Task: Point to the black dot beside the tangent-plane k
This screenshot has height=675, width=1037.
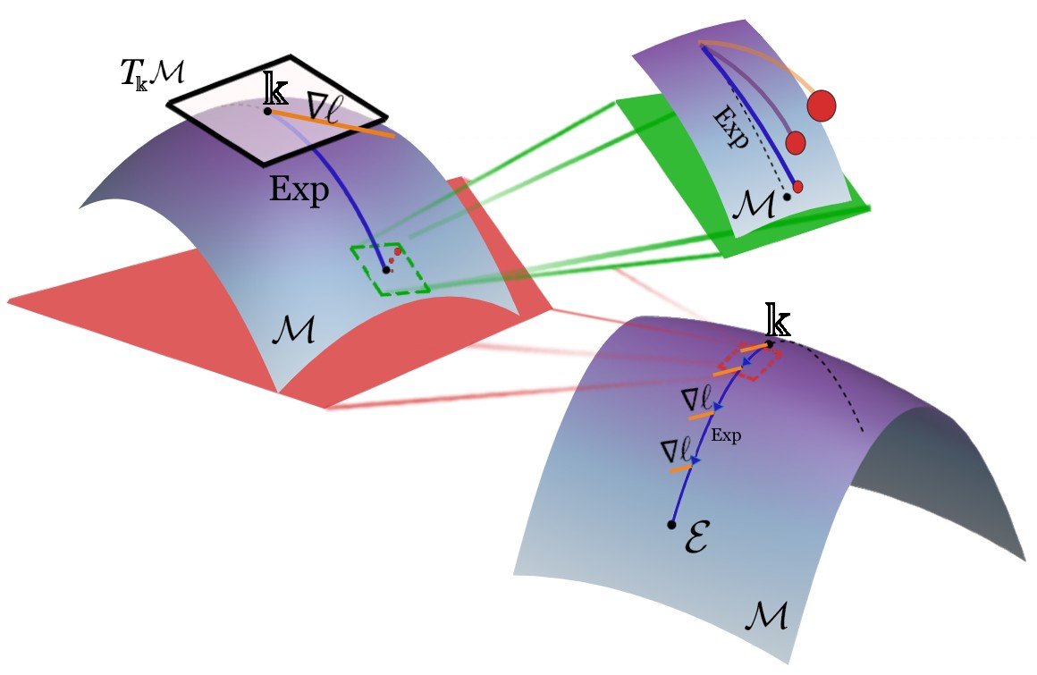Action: (268, 111)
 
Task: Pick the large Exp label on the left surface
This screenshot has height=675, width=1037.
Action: (299, 190)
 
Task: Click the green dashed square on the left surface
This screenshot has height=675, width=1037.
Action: (391, 269)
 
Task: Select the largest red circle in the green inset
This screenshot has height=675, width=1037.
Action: (821, 105)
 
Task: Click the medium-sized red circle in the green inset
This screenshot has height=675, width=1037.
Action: (795, 142)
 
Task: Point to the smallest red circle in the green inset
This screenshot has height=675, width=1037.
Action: (797, 186)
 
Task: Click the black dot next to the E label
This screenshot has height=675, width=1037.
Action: (670, 525)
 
